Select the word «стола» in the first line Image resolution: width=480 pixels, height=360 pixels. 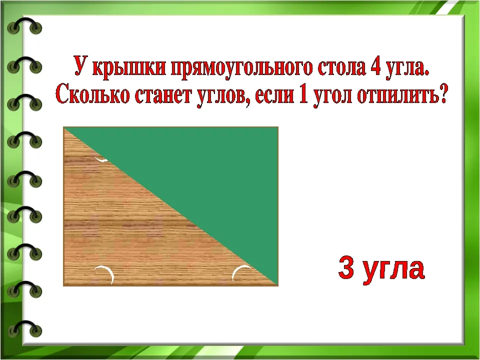pyautogui.click(x=341, y=66)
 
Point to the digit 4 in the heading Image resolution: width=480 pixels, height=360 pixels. pyautogui.click(x=375, y=66)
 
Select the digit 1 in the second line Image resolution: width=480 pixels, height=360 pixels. pyautogui.click(x=303, y=94)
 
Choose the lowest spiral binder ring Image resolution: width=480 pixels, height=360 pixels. pyautogui.click(x=24, y=326)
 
